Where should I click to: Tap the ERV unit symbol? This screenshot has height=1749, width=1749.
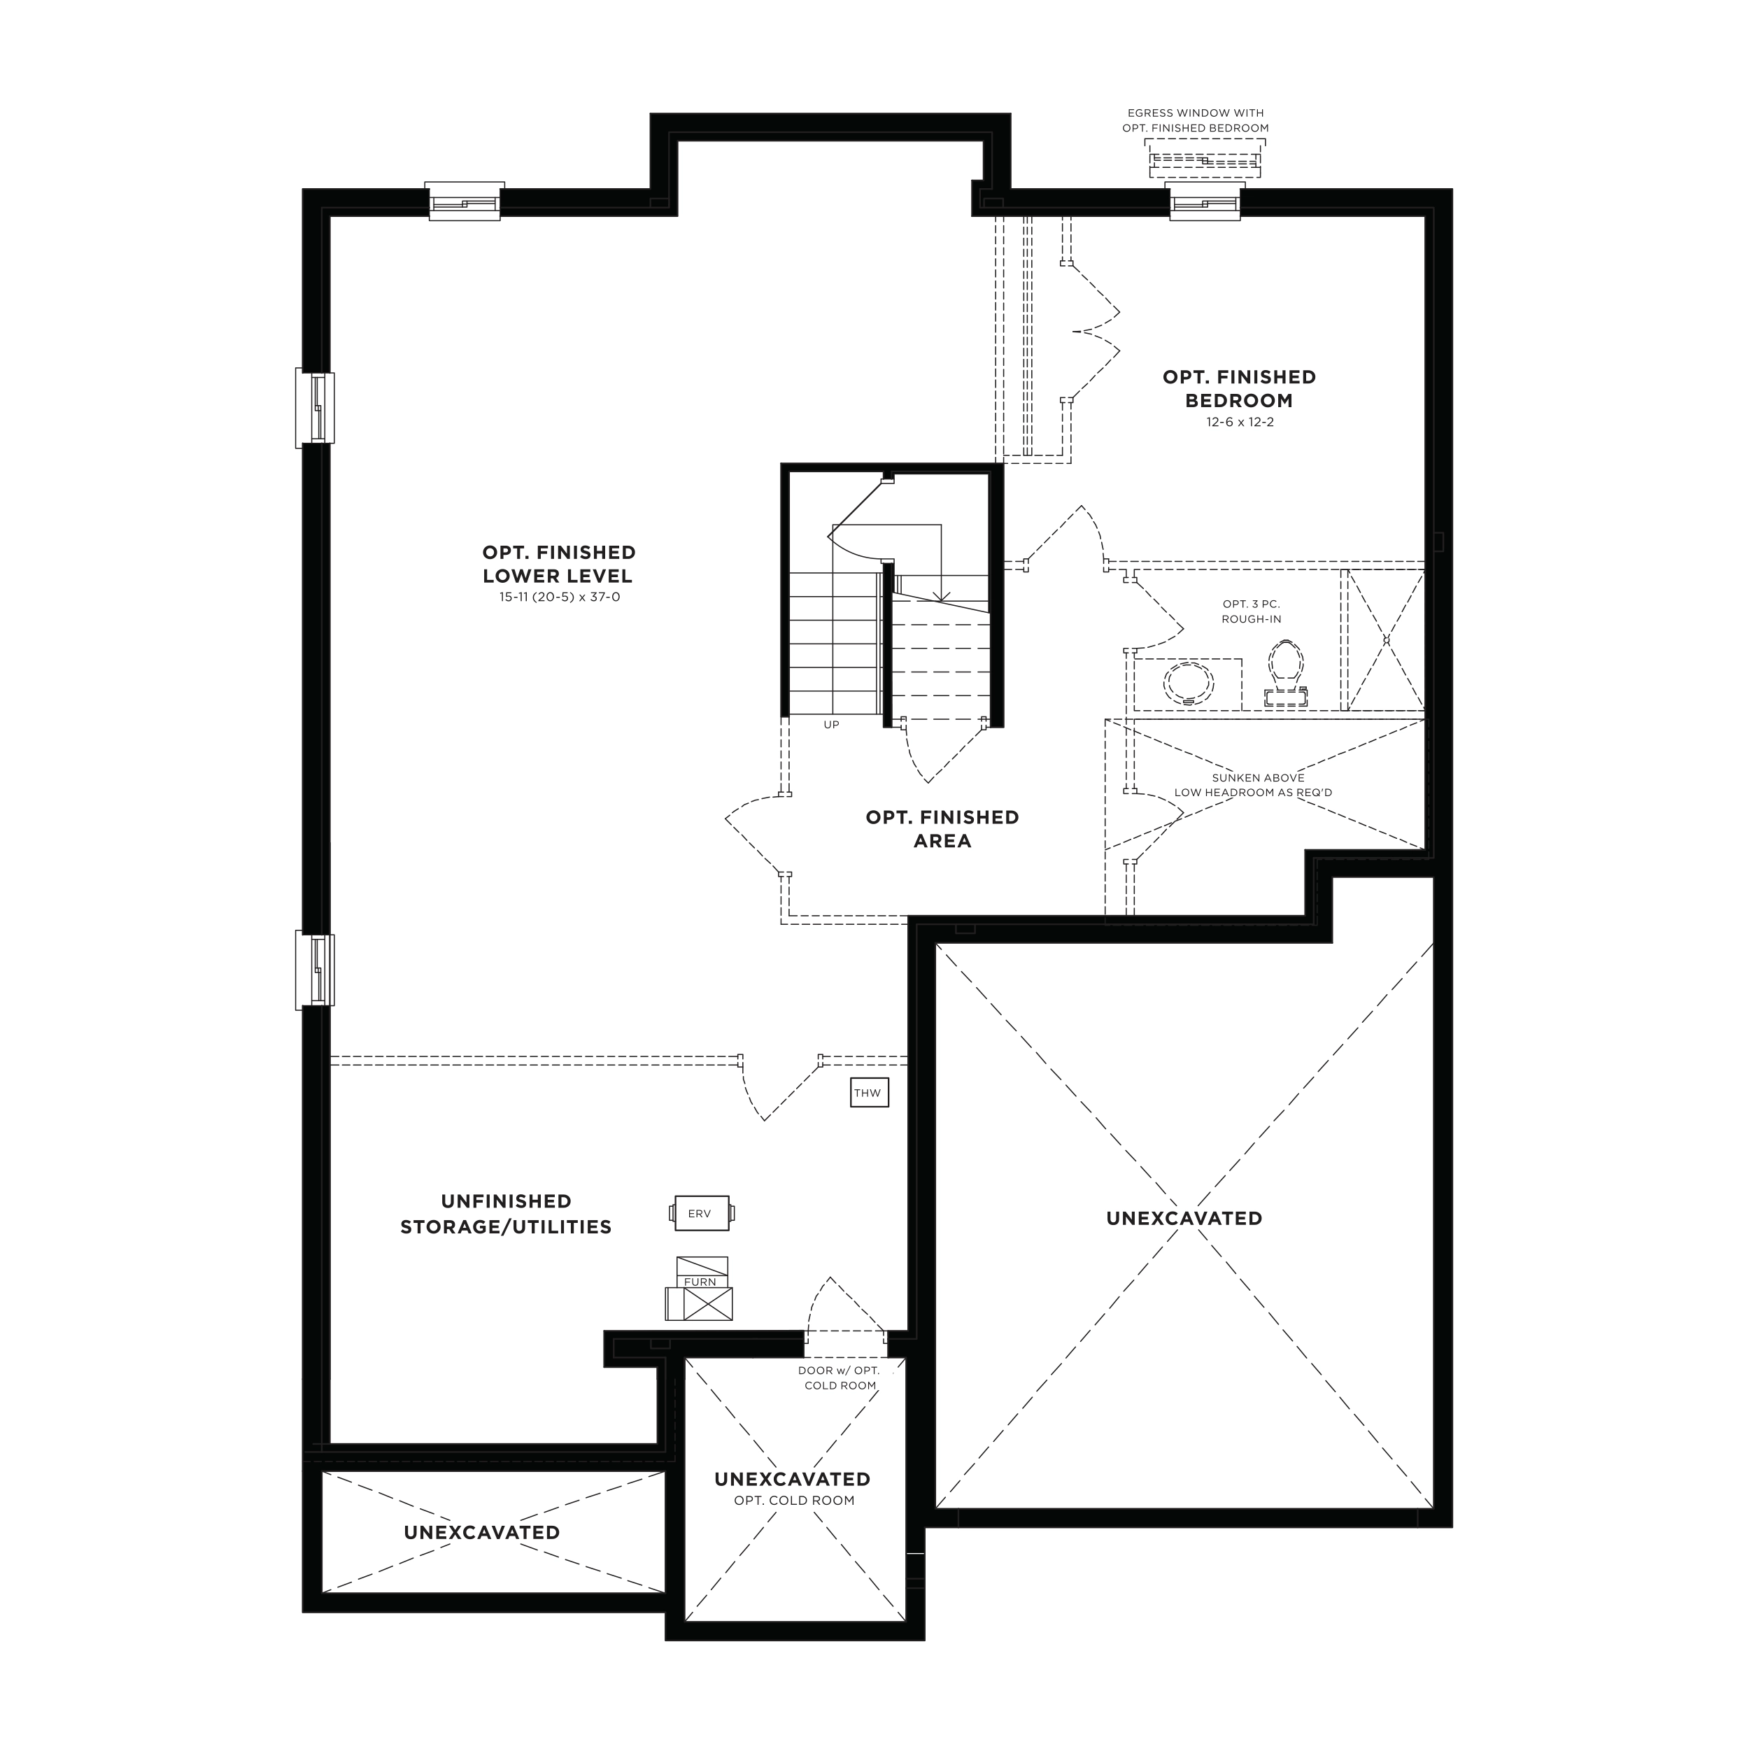(702, 1213)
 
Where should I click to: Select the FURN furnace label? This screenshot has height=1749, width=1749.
(700, 1282)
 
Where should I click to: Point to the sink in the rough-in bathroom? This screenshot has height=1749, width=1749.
(1189, 684)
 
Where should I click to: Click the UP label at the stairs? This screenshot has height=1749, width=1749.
(831, 724)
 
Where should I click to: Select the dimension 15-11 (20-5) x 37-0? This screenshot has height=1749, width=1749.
(560, 597)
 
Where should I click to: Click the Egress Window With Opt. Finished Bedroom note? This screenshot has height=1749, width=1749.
(1195, 120)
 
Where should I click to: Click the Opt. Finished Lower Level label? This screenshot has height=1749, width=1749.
(558, 564)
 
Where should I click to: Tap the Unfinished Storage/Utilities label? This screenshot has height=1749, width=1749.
(506, 1214)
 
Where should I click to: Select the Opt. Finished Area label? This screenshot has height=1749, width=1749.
(942, 828)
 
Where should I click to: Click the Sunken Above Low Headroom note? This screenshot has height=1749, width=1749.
(1254, 785)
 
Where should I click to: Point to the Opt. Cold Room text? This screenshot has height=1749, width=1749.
(794, 1500)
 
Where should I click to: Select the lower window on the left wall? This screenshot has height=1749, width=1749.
(315, 970)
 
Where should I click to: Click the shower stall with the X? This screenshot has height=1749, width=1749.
(1386, 640)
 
